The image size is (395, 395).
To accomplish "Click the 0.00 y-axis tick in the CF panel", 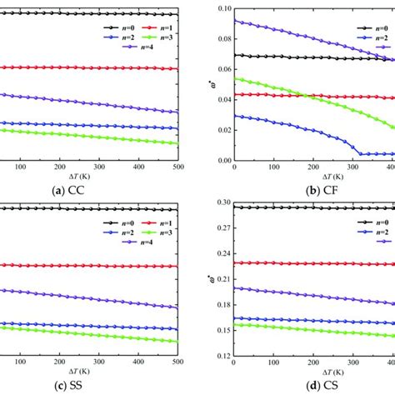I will pyautogui.click(x=221, y=160).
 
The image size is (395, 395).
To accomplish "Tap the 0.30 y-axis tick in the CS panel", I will pyautogui.click(x=221, y=202).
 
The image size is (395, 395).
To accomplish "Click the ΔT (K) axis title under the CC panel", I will pyautogui.click(x=93, y=177).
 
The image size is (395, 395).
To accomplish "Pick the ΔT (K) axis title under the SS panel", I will pyautogui.click(x=93, y=372).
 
